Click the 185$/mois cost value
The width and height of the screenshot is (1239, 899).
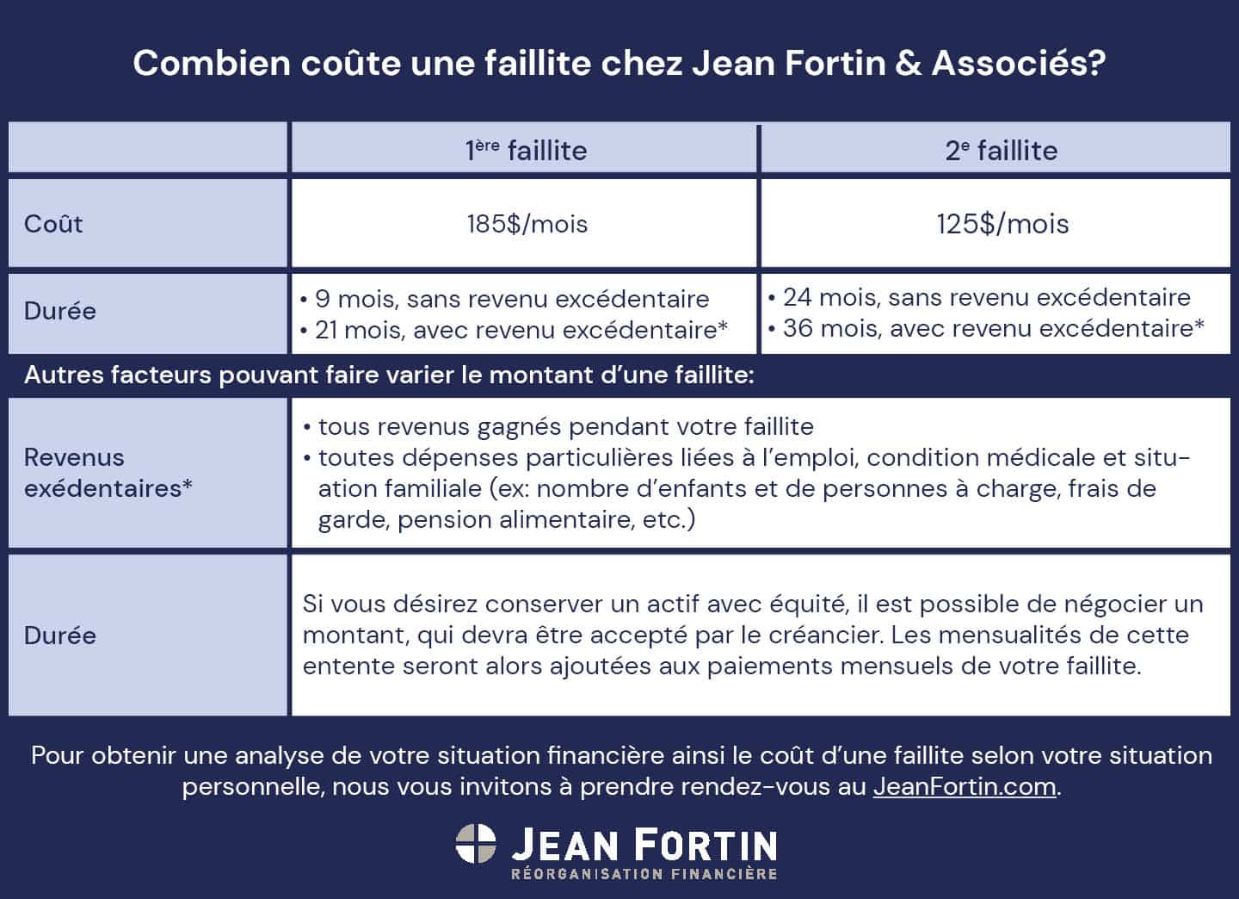(527, 224)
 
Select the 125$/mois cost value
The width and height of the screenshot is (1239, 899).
(1002, 224)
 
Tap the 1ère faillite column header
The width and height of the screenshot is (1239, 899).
(526, 150)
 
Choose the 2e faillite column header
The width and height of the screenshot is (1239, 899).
(1001, 150)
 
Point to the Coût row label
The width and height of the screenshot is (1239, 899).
(53, 224)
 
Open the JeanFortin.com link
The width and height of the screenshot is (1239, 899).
(964, 787)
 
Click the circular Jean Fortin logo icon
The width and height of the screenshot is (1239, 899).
(476, 844)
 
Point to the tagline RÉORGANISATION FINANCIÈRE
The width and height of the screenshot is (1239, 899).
(644, 874)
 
